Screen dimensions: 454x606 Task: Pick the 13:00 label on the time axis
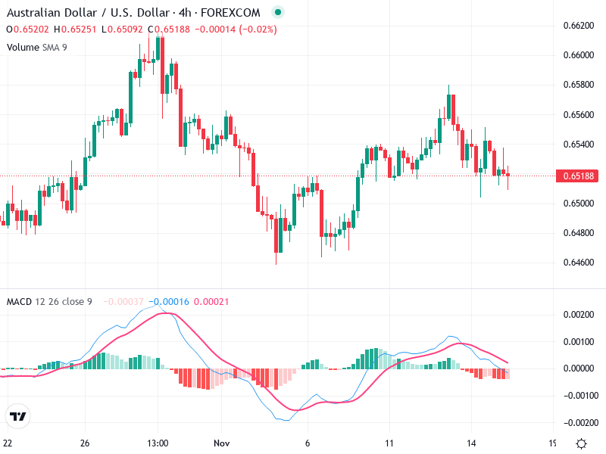(158, 443)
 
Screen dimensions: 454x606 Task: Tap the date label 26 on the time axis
(85, 443)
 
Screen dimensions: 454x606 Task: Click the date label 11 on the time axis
(389, 443)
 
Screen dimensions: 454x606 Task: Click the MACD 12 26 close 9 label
(49, 302)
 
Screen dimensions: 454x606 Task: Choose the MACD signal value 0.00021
(211, 302)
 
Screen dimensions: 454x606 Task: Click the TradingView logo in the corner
(18, 417)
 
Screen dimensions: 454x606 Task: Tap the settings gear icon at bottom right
(581, 443)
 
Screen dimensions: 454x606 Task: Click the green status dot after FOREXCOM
(277, 13)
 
